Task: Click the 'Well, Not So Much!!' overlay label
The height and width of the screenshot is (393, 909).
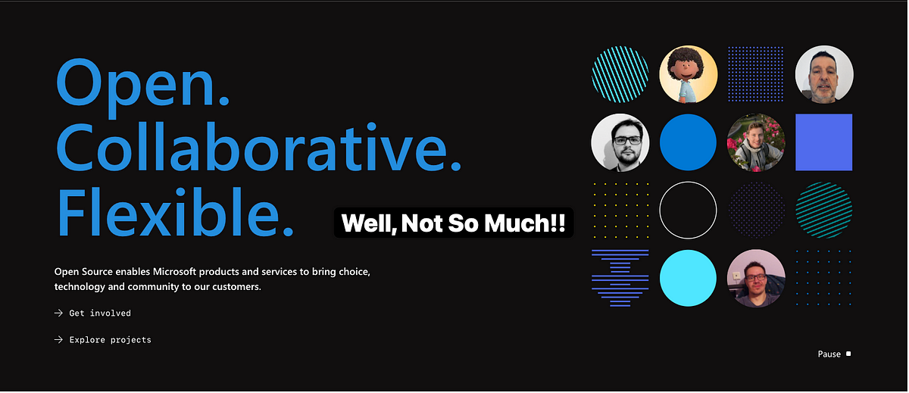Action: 453,223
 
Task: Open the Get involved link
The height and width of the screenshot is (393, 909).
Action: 100,313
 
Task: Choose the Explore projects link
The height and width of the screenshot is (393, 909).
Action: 110,340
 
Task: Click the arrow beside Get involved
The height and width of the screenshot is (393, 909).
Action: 58,313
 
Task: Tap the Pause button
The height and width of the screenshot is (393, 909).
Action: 834,354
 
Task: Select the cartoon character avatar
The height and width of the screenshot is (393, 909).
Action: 688,74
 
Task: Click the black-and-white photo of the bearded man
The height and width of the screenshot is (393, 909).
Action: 620,142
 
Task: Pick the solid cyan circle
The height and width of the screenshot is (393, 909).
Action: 688,278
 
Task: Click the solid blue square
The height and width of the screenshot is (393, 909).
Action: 824,142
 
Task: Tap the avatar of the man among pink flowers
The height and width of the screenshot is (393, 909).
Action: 756,142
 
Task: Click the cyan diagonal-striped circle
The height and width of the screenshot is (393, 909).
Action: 620,74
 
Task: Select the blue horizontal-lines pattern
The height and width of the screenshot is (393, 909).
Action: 620,278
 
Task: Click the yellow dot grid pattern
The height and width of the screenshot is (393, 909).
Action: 620,210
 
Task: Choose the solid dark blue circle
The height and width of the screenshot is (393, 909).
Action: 688,142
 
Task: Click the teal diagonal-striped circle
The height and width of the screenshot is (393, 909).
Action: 824,210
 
